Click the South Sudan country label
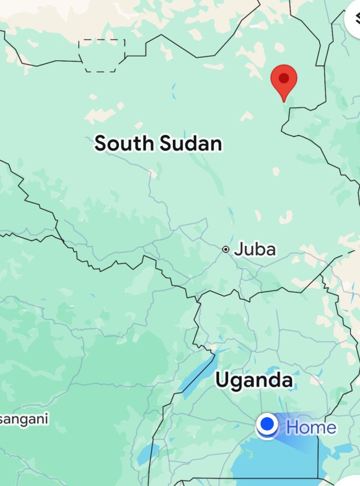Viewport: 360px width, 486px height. pos(158,143)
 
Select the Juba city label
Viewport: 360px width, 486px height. pos(255,249)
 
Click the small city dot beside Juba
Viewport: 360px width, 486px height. pos(226,249)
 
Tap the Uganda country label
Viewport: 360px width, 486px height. pos(254,380)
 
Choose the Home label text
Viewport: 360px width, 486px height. pos(311,427)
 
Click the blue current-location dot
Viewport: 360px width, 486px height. pos(268,424)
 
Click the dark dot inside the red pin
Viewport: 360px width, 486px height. pos(284,78)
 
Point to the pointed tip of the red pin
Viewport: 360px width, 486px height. pos(284,101)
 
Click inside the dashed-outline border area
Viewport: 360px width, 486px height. pos(102,55)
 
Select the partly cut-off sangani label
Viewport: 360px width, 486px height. pos(24,420)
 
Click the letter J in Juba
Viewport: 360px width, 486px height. pos(239,249)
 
